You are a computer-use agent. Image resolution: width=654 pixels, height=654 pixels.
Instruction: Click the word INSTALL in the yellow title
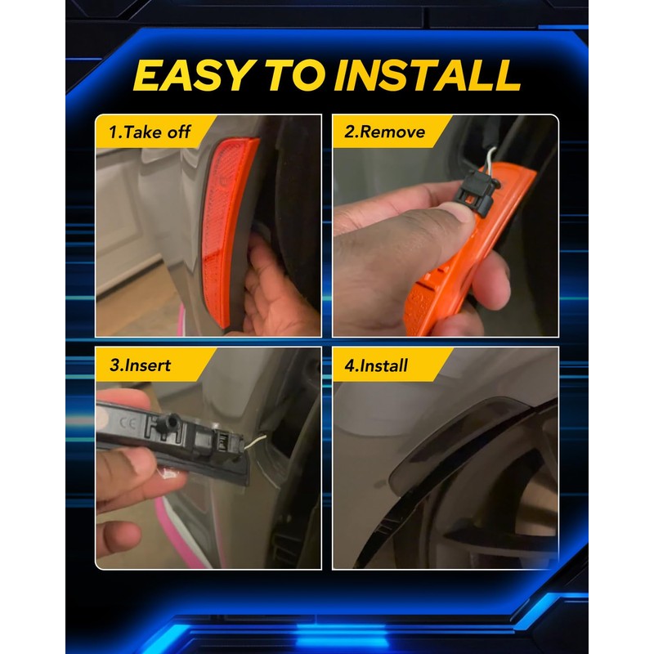[427, 75]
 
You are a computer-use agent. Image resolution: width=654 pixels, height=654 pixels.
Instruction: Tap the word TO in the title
[295, 75]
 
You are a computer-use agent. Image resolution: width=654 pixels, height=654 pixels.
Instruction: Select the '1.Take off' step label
[150, 132]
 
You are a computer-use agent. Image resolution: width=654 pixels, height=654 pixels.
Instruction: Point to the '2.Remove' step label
[384, 132]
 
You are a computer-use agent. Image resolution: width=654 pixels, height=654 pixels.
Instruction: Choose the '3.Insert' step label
[140, 365]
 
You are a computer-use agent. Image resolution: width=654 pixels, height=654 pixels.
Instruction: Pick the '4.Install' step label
[376, 365]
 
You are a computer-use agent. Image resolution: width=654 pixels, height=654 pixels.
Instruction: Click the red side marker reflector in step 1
[227, 231]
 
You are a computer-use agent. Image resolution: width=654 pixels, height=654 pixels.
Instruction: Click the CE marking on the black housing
[128, 423]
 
